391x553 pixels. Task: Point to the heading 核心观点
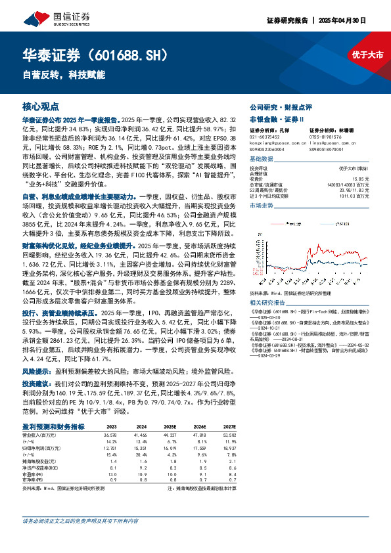40,106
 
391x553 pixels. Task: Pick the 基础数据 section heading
262,160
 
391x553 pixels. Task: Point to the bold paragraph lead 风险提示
37,371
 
